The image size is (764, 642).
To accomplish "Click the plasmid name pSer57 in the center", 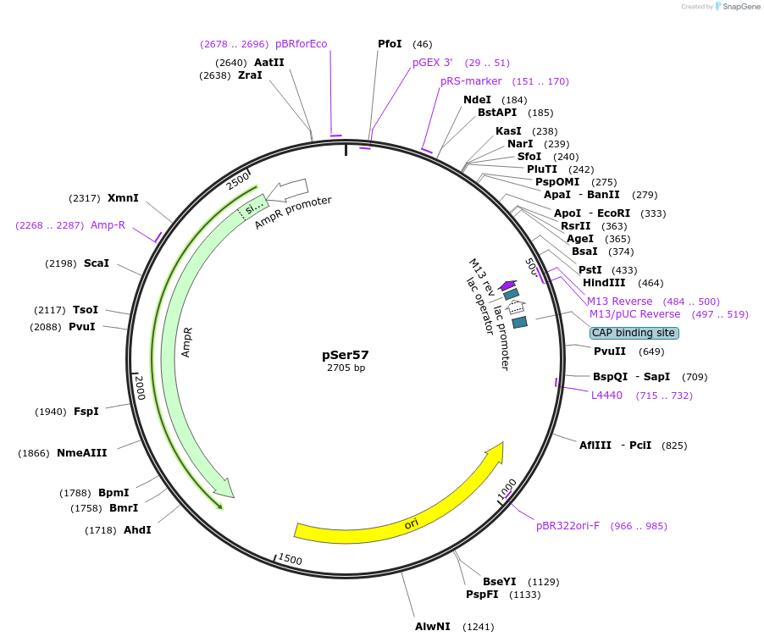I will click(346, 355).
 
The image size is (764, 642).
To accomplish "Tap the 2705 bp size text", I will click(346, 368).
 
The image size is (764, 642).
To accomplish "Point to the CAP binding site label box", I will click(634, 333).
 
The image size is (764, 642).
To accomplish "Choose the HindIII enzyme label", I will click(604, 283).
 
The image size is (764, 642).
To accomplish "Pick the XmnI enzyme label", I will click(123, 198).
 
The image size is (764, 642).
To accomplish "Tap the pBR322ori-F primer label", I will click(567, 526).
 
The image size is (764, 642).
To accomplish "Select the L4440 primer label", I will click(606, 396).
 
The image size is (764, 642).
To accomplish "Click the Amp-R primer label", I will click(108, 225).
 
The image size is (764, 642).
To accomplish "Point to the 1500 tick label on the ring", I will click(291, 559).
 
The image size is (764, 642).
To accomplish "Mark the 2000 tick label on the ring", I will click(141, 388).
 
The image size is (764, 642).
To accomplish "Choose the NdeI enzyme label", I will click(477, 100).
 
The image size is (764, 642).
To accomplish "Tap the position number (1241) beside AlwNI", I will click(478, 627).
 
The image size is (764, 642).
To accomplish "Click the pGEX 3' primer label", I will click(433, 63).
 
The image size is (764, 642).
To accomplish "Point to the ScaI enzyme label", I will click(97, 263).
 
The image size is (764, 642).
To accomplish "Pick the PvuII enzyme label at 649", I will click(610, 351).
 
